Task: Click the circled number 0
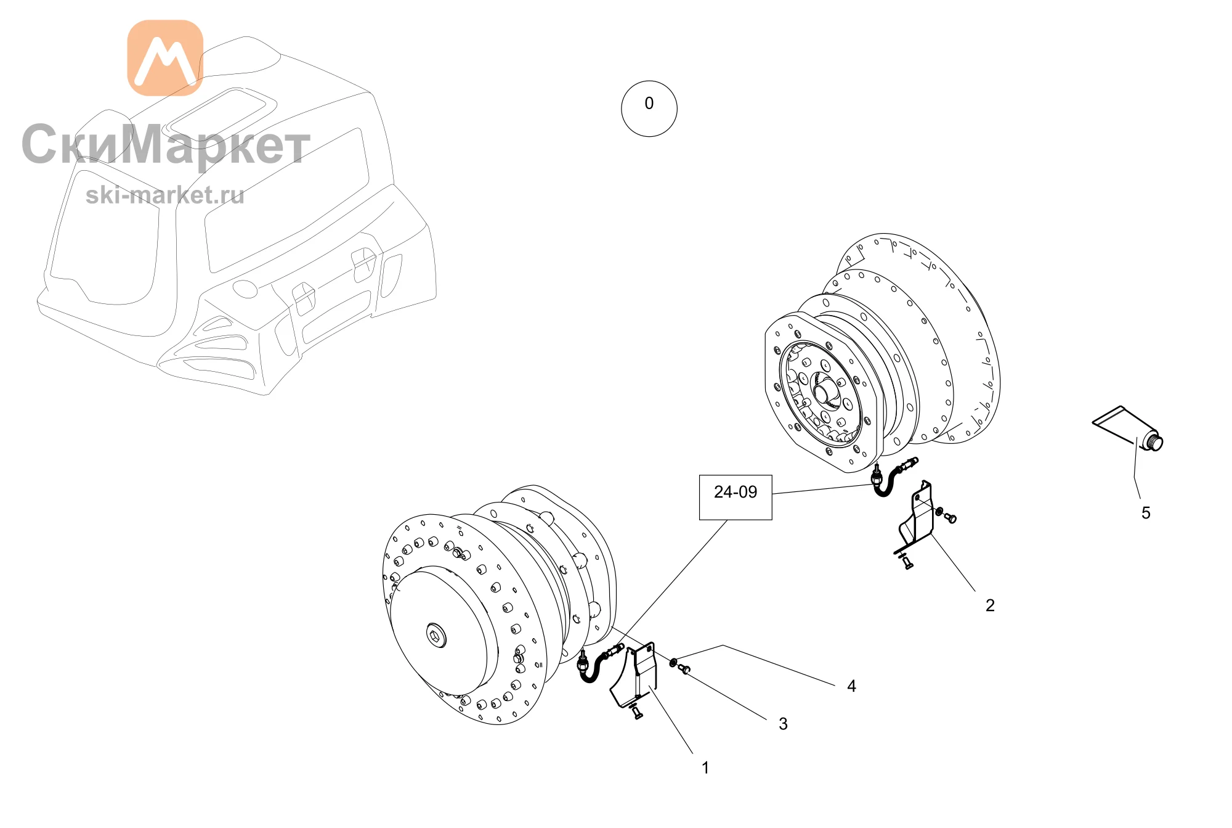(649, 109)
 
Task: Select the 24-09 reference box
(736, 497)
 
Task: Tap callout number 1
(705, 768)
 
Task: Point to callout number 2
(990, 605)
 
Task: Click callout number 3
(783, 724)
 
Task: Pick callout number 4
(851, 686)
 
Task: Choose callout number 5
(1146, 513)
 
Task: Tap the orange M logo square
(165, 58)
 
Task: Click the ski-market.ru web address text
(165, 195)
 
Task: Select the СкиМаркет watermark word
(166, 146)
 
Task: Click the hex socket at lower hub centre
(437, 636)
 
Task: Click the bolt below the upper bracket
(906, 562)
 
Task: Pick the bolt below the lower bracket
(636, 713)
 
